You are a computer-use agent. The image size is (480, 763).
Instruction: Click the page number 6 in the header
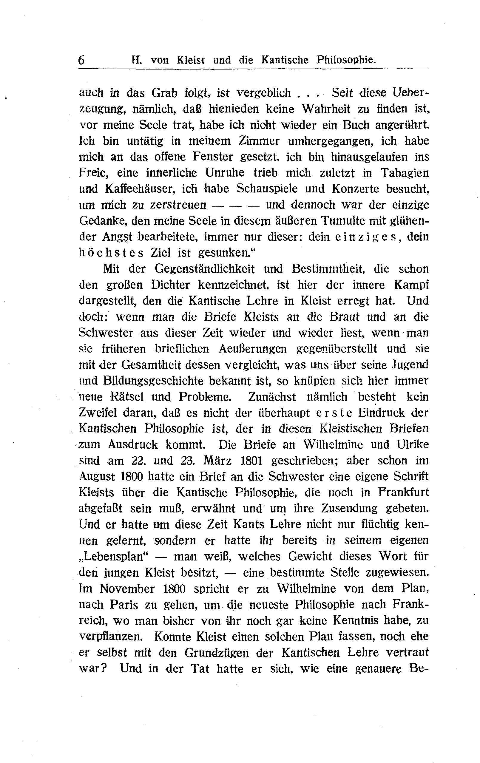pos(81,60)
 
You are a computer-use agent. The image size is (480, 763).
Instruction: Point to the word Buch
pos(356,125)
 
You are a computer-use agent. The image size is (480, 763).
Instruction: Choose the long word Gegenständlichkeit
pos(204,269)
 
